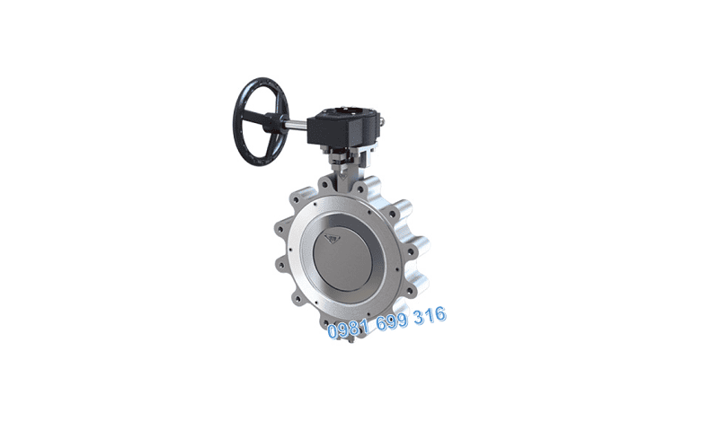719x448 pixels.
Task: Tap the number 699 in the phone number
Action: [x=392, y=321]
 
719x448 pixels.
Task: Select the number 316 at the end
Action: [x=430, y=315]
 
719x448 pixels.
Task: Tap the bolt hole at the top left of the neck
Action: [x=324, y=185]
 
